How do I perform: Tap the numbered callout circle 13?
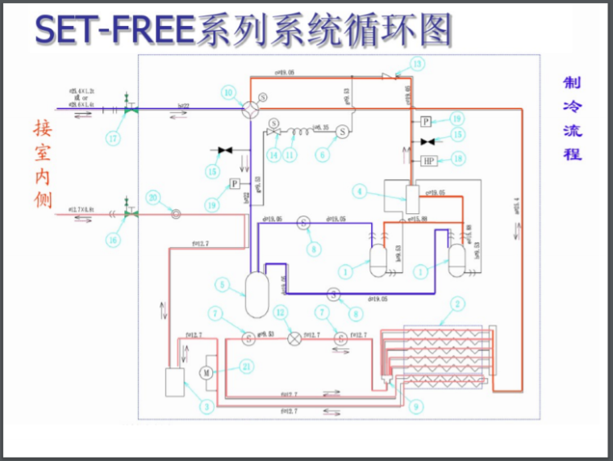(x=417, y=63)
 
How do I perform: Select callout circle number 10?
(x=229, y=94)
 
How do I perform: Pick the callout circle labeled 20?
(x=154, y=197)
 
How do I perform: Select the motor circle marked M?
(x=205, y=373)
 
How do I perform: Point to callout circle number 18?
(x=457, y=160)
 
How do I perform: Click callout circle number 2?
(x=458, y=304)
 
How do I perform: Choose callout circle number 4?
(x=361, y=191)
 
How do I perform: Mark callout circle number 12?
(x=280, y=312)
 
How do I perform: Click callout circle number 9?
(x=415, y=408)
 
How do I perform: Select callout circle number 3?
(x=206, y=408)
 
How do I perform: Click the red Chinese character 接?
(x=42, y=129)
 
